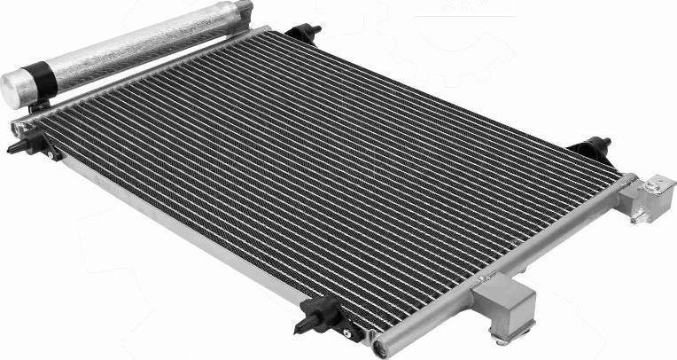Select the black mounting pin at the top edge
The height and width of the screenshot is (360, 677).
[x=304, y=34]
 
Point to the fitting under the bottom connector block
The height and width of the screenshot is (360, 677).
[x=503, y=336]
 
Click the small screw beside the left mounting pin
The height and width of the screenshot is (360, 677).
[x=55, y=154]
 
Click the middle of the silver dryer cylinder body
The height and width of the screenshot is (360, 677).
[x=133, y=49]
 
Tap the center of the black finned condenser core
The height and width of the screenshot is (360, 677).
[x=328, y=168]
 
